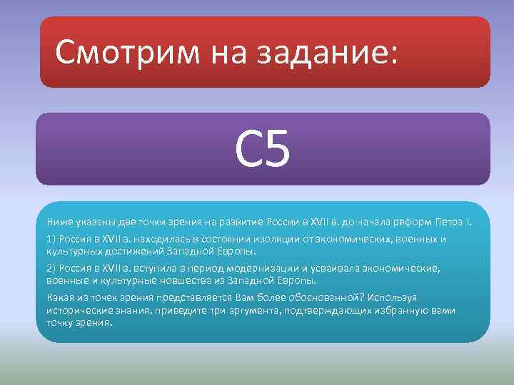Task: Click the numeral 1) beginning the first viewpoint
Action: (51, 240)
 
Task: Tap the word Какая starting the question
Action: (60, 298)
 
